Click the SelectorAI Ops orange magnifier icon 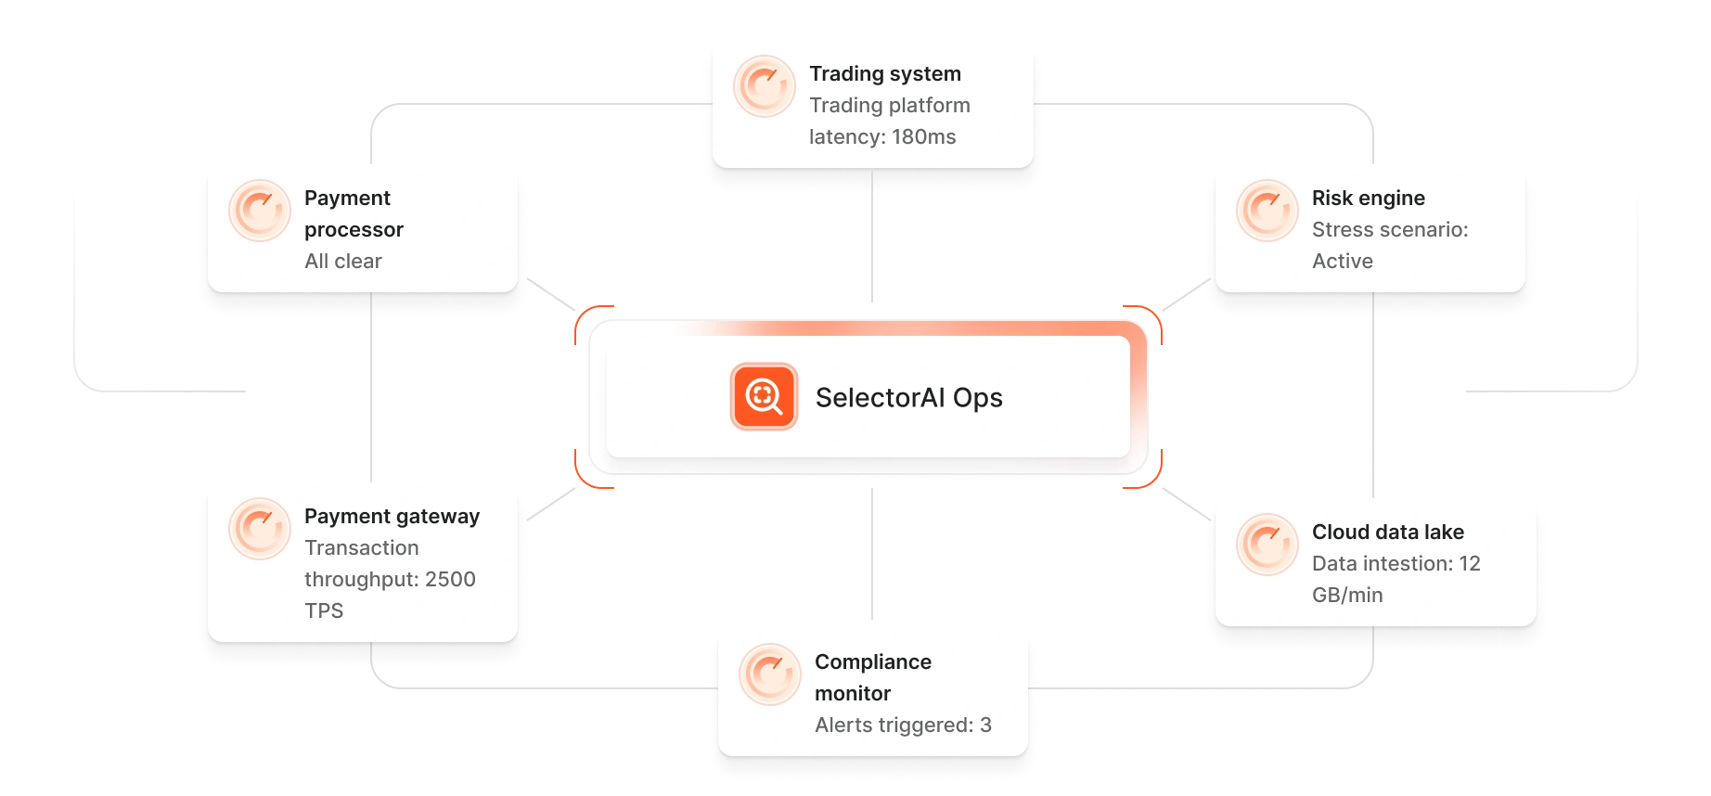tap(764, 397)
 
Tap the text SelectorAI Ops tap(908, 398)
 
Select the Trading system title tap(884, 74)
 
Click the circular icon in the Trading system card tap(765, 87)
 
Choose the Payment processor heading tap(353, 213)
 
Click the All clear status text tap(342, 262)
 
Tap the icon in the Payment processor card tap(260, 211)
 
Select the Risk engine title tap(1368, 199)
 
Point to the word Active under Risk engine tap(1342, 262)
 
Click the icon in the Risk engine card tap(1267, 211)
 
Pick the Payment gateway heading tap(392, 517)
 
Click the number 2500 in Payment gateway tap(450, 580)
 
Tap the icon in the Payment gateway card tap(260, 529)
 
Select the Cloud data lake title tap(1387, 533)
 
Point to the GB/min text tap(1346, 596)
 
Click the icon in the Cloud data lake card tap(1267, 545)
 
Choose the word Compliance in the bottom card tap(872, 662)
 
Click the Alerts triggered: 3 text tap(902, 725)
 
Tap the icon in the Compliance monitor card tap(770, 674)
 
